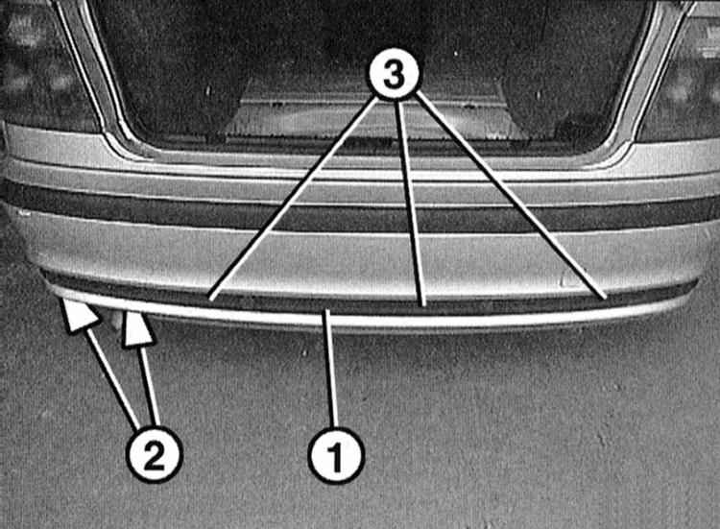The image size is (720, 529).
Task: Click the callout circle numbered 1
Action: pos(336,455)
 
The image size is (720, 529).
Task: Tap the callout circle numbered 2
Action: pos(155,455)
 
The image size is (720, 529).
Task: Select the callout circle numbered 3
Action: pos(394,74)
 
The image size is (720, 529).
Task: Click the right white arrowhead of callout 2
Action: pos(136,328)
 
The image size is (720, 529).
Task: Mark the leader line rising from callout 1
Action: pos(331,369)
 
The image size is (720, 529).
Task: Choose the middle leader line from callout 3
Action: pos(411,204)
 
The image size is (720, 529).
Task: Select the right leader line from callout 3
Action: pos(511,196)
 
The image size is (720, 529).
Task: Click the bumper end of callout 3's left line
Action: pos(209,300)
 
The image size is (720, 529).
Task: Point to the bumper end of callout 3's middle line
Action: pos(423,305)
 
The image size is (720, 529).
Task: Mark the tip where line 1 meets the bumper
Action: pos(327,311)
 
